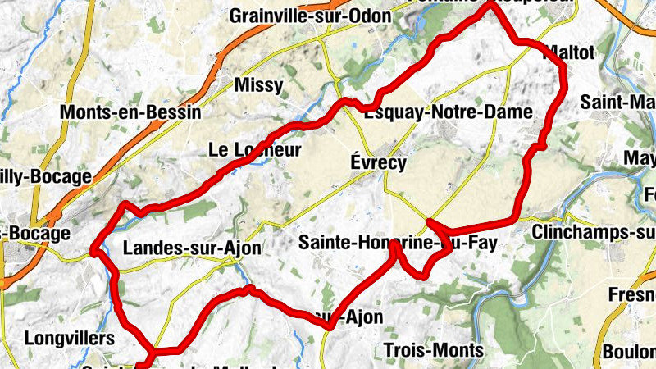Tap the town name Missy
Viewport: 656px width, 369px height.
258,84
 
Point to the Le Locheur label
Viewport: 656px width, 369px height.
255,150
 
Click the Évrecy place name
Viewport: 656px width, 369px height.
378,162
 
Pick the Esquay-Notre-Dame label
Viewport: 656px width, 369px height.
449,112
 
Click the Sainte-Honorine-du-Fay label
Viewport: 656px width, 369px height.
397,242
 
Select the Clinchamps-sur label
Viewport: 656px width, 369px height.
594,233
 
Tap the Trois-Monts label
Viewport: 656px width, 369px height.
433,350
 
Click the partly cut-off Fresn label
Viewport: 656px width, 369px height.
632,294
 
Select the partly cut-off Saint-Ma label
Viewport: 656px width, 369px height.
617,102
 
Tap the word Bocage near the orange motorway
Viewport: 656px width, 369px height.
39,233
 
